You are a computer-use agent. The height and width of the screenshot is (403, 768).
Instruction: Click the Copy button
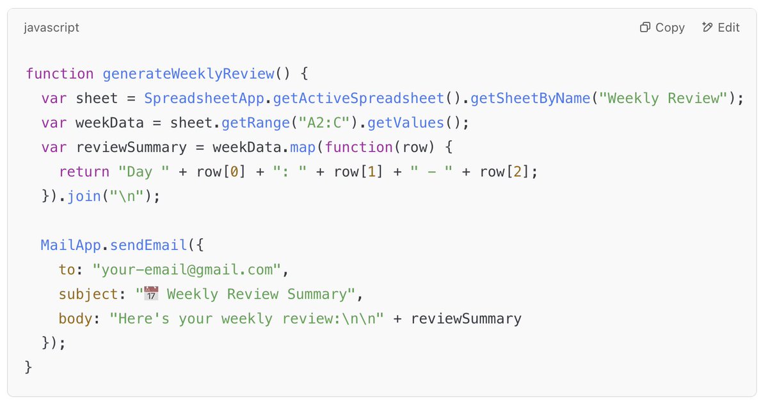pos(662,28)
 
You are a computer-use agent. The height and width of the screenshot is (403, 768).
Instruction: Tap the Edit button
pos(721,28)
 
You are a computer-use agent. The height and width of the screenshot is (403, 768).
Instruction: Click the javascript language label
pos(51,28)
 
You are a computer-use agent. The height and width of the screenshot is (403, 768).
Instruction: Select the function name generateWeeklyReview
pos(189,74)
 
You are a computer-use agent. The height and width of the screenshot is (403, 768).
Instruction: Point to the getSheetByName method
pos(531,99)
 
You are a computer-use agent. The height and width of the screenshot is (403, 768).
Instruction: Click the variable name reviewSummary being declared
pos(131,147)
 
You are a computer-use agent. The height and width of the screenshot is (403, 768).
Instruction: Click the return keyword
pos(84,172)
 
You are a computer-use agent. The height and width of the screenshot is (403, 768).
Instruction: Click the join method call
pos(83,196)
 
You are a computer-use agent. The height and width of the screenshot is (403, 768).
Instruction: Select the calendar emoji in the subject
pos(151,294)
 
